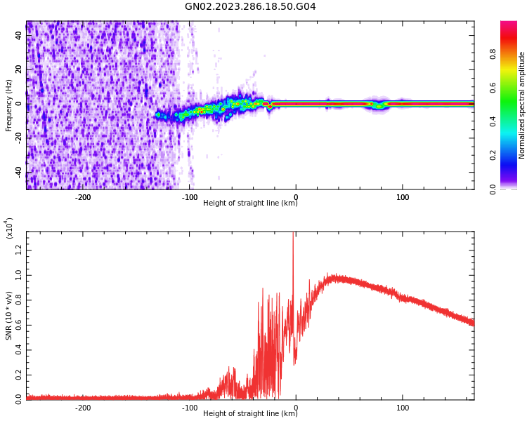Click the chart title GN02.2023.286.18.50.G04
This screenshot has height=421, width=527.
[x=250, y=7]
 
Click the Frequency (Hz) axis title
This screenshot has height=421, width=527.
[x=8, y=105]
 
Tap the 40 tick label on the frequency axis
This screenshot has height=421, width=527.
[x=19, y=34]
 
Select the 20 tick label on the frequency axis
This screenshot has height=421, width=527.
[x=19, y=69]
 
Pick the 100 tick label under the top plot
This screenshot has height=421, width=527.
[x=403, y=197]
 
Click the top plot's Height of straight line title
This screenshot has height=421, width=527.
[x=250, y=203]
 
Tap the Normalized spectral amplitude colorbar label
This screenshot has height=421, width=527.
[x=522, y=105]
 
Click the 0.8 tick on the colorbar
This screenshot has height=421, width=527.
[x=513, y=54]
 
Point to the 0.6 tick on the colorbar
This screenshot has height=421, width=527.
[x=513, y=88]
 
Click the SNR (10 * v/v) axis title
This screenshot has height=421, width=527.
[x=8, y=316]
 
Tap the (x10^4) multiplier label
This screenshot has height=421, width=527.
[x=10, y=228]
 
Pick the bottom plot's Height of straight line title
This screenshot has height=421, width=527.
[x=250, y=414]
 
